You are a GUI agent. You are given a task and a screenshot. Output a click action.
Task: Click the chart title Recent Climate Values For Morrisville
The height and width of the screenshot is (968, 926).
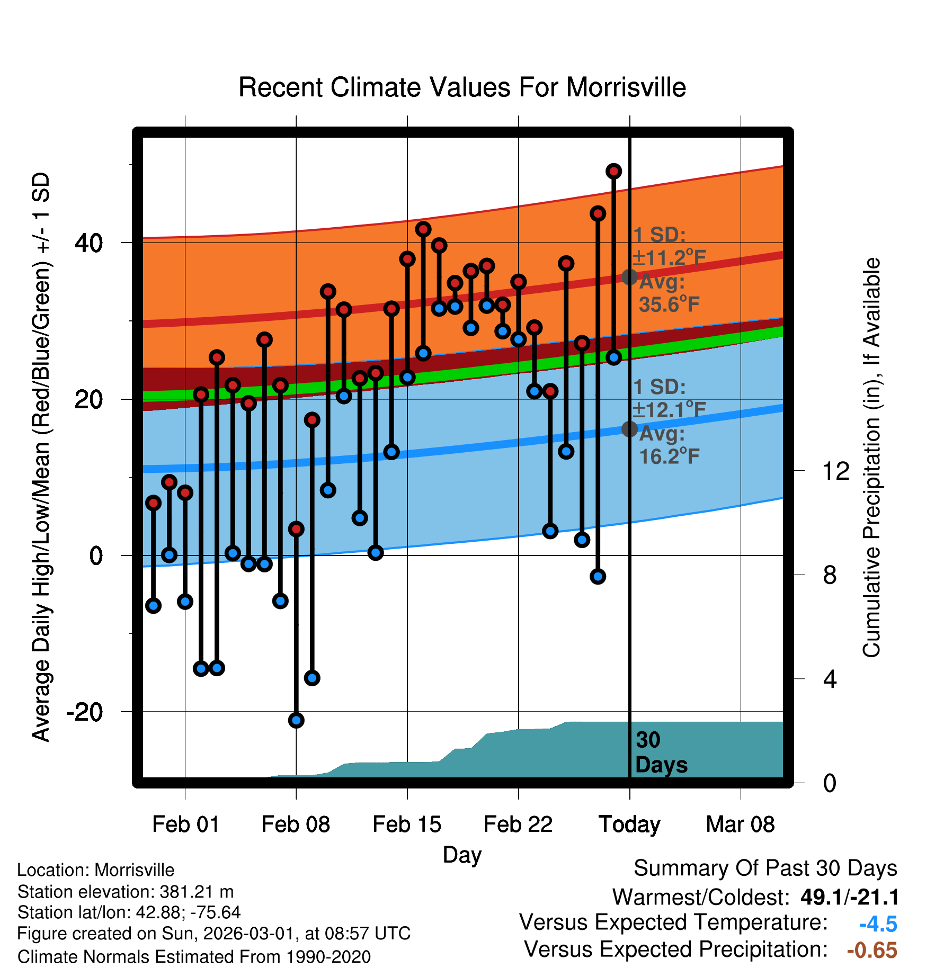(462, 87)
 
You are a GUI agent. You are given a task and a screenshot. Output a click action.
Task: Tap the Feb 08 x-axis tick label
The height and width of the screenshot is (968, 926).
(296, 824)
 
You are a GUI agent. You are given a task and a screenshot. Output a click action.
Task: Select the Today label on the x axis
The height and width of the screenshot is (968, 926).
(629, 824)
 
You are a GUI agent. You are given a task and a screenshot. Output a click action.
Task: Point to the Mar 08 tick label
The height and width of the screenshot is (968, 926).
(740, 824)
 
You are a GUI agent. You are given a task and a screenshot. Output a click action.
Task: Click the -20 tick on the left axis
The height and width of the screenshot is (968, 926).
(85, 712)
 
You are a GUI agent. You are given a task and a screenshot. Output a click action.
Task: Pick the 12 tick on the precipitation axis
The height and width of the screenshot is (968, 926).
(835, 471)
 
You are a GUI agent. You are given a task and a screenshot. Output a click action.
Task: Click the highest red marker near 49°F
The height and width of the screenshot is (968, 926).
(613, 171)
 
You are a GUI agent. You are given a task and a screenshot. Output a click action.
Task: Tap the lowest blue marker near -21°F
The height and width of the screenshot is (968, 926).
(296, 720)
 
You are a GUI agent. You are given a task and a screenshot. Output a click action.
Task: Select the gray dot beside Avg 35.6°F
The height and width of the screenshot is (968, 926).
(629, 276)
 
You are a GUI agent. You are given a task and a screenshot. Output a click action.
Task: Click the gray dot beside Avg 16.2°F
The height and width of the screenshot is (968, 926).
(629, 429)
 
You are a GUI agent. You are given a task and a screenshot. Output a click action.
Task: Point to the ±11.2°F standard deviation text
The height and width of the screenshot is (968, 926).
(669, 258)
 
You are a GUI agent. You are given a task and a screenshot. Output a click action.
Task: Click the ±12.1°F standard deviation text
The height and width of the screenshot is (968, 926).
(669, 409)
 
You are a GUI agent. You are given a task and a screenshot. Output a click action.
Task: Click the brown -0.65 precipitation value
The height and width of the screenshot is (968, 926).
(872, 951)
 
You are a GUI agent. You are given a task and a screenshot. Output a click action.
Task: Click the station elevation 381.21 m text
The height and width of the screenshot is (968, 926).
(126, 892)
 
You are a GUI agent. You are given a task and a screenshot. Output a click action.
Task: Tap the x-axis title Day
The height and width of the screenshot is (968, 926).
(462, 855)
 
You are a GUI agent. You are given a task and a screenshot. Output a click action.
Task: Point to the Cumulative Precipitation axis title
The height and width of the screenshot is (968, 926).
(871, 458)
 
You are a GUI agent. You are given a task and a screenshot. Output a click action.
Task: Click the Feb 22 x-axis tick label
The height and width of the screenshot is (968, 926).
(518, 824)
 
